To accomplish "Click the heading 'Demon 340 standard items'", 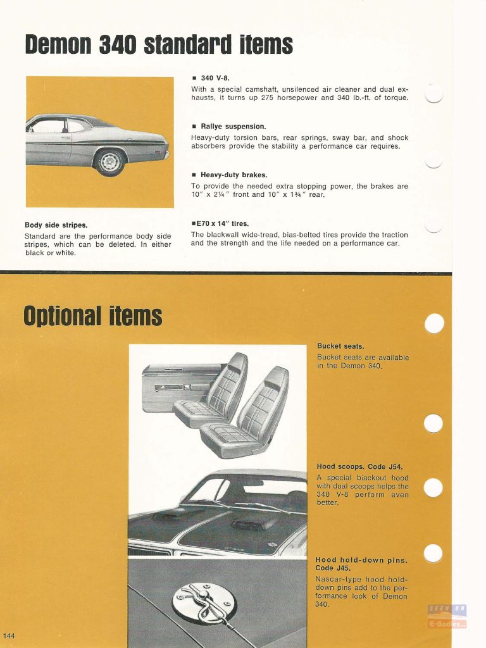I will (x=159, y=45).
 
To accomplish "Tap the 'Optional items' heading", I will (x=93, y=315).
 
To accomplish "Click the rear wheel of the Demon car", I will (x=108, y=162).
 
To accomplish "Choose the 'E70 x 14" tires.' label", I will (x=221, y=223).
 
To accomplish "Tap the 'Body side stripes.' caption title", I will (x=56, y=225).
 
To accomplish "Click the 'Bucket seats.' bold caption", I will (x=340, y=346).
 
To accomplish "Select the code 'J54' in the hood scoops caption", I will (x=395, y=467).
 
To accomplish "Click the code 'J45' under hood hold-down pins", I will (x=342, y=568).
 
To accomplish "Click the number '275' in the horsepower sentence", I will (x=270, y=98).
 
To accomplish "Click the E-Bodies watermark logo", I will (x=447, y=617).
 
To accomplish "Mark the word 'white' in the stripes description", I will (x=64, y=253).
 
